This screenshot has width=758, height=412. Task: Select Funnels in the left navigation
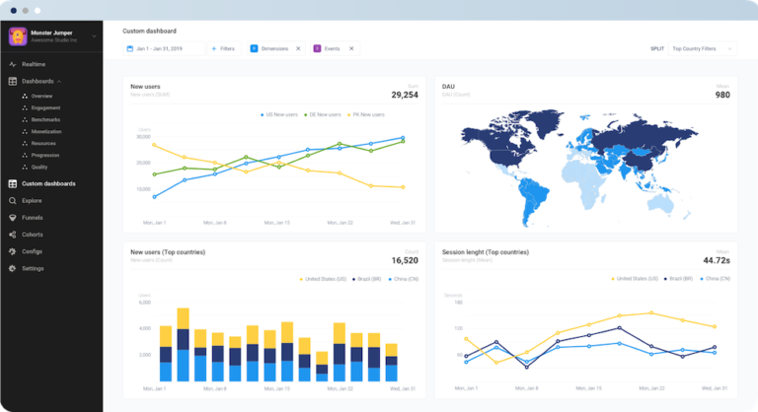(32, 217)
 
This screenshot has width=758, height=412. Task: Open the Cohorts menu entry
(32, 234)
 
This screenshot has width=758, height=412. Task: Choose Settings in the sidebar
(33, 268)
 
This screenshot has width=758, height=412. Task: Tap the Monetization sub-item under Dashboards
(46, 131)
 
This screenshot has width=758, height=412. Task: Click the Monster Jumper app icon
(17, 35)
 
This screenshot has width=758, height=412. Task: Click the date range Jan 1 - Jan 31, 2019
(163, 47)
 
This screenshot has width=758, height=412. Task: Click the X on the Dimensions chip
(298, 47)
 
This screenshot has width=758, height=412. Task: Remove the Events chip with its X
(351, 47)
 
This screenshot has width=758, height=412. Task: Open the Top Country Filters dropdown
(702, 47)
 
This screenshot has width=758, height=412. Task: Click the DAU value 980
(722, 95)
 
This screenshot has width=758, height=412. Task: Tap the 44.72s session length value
(716, 260)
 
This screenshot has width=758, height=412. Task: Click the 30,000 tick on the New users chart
(143, 136)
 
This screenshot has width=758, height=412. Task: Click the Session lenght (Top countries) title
(489, 251)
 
